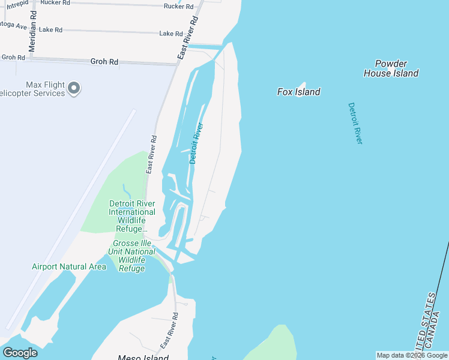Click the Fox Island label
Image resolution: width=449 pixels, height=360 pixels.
tap(298, 92)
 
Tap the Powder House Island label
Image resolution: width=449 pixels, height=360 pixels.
tap(391, 68)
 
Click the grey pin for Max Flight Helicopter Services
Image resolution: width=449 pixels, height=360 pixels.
tap(74, 88)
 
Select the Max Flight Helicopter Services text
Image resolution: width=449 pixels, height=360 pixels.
tap(36, 89)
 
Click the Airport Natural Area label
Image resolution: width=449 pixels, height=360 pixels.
tap(69, 266)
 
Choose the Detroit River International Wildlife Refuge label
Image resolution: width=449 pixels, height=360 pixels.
tap(132, 216)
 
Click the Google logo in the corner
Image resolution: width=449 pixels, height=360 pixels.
tap(19, 353)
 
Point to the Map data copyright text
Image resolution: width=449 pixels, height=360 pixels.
tap(412, 355)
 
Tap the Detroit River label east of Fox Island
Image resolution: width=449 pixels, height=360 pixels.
tap(355, 123)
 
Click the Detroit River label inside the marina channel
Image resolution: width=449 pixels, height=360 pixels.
tap(197, 143)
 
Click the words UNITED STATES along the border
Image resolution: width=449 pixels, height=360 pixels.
tap(427, 321)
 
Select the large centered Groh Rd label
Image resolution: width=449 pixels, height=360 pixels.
tap(104, 62)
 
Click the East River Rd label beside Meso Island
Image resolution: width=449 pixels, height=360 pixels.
tap(169, 331)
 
